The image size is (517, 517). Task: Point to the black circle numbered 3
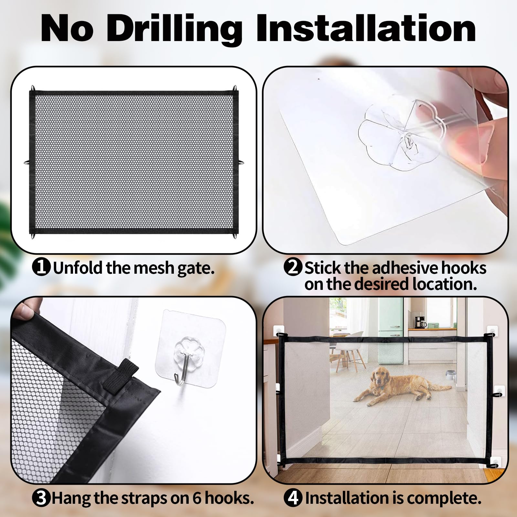[x=41, y=498]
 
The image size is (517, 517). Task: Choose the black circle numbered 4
[x=293, y=498]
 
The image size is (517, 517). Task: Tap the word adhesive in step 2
[x=406, y=268]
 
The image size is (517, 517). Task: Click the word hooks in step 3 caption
[x=229, y=498]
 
